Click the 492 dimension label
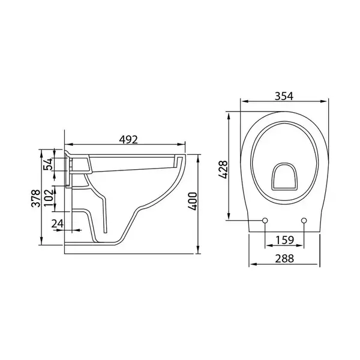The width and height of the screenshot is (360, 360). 128,139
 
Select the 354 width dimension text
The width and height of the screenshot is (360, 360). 284,96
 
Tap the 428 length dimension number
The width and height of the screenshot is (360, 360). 223,170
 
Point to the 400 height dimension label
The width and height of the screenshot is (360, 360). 193,202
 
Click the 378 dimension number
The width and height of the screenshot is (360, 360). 36,198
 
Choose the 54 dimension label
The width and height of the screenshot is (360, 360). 49,164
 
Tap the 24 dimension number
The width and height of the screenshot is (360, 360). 58,223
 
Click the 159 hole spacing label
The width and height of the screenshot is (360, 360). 284,240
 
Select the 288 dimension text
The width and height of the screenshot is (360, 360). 284,259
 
